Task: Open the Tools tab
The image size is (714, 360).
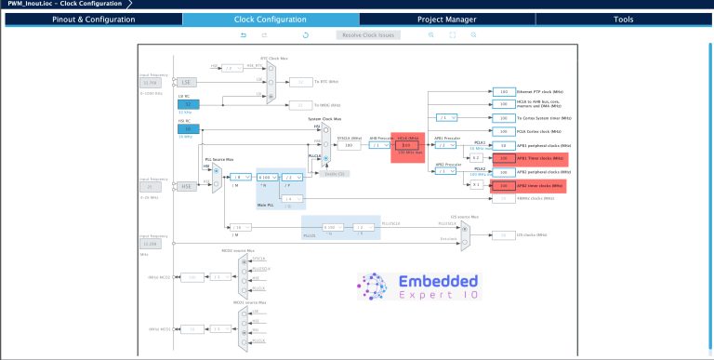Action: click(624, 20)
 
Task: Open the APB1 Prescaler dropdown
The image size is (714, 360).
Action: click(449, 145)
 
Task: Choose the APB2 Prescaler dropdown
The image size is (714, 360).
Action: click(449, 173)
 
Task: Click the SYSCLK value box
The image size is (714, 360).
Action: click(348, 145)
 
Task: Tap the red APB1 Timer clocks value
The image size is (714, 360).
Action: click(503, 159)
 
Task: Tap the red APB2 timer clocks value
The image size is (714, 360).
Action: click(503, 186)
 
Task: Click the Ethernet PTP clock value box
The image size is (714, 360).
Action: click(503, 92)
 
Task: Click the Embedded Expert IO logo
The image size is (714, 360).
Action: click(417, 288)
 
